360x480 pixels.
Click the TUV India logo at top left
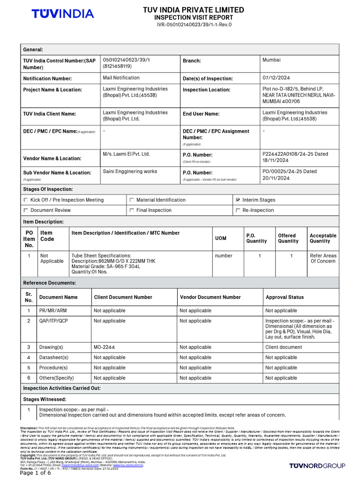[62, 14]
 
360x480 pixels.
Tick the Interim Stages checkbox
[239, 200]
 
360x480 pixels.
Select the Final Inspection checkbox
[132, 210]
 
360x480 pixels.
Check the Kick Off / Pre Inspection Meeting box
[26, 200]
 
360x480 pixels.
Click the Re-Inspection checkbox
[239, 210]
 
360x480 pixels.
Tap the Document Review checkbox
[26, 210]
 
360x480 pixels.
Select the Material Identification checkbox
[132, 200]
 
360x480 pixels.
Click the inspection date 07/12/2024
[277, 78]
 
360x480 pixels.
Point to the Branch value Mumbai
[271, 60]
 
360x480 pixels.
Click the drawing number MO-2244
[105, 347]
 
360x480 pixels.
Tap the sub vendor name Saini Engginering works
[130, 172]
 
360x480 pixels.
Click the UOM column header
[220, 239]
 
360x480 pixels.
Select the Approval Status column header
[285, 297]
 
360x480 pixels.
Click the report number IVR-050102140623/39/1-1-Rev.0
[194, 25]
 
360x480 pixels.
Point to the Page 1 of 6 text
[36, 473]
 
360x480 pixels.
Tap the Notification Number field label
[48, 79]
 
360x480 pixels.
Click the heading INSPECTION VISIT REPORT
[194, 17]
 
